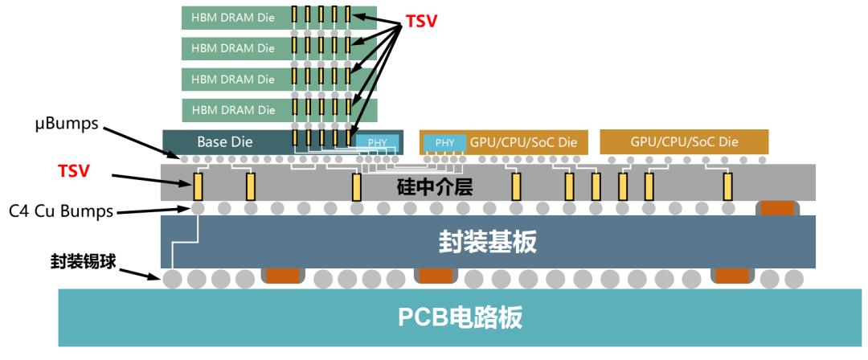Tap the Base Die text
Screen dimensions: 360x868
[x=225, y=142]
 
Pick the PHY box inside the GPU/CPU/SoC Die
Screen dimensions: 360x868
[x=444, y=142]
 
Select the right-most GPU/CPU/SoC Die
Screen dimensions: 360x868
[x=683, y=142]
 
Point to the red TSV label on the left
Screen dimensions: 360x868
[x=74, y=171]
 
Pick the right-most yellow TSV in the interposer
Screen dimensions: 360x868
[x=727, y=186]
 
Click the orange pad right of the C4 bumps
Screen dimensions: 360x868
[x=777, y=207]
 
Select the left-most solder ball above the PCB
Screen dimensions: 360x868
[x=172, y=280]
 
